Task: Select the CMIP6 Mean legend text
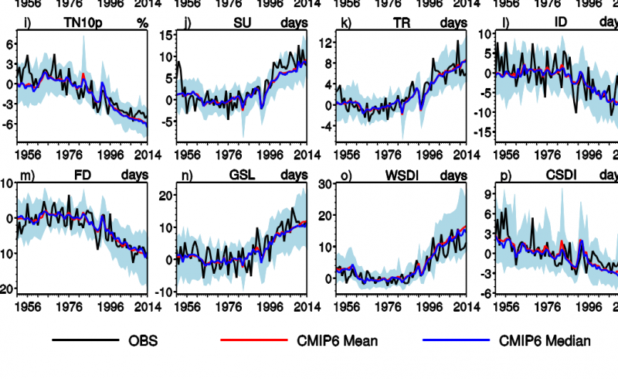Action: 341,340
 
